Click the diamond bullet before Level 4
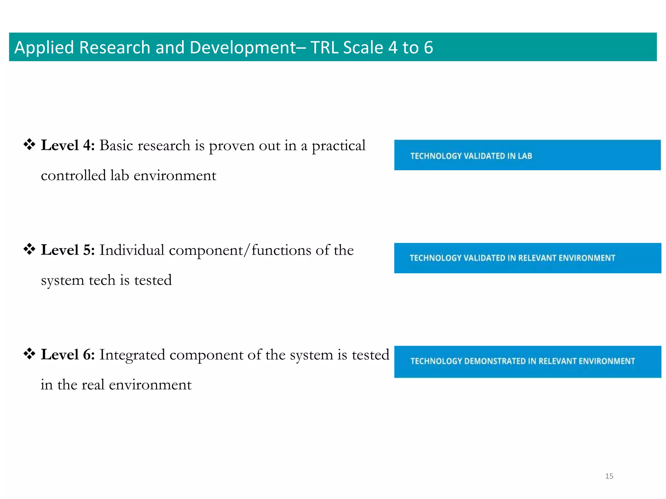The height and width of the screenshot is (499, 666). tap(29, 145)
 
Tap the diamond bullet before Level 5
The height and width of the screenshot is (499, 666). tap(29, 249)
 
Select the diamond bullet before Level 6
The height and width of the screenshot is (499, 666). tap(29, 354)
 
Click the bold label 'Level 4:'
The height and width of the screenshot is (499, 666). tap(68, 145)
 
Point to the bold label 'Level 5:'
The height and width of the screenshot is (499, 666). tap(68, 250)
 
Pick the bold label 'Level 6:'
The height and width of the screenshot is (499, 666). tap(68, 354)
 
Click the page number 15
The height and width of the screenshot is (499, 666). tap(609, 476)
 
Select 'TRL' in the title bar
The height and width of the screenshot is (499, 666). tap(325, 47)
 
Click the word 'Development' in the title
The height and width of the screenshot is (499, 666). tap(242, 48)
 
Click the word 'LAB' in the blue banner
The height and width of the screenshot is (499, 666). tap(525, 156)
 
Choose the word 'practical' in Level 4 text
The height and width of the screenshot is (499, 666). tap(339, 146)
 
